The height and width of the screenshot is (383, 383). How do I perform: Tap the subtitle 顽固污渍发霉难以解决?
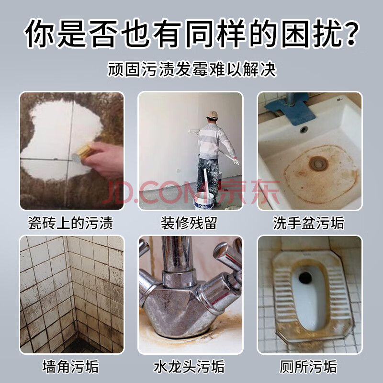(192, 69)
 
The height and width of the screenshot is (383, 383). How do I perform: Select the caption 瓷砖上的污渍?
(70, 223)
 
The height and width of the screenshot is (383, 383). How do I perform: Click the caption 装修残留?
(189, 223)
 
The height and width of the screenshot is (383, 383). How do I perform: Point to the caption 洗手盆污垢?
(308, 223)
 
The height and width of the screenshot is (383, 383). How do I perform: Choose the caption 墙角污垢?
(70, 366)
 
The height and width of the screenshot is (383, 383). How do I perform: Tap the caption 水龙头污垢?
(189, 366)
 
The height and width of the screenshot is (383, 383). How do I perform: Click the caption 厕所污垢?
(308, 366)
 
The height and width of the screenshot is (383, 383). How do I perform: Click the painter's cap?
(212, 115)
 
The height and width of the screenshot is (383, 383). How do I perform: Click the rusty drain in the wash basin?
(318, 163)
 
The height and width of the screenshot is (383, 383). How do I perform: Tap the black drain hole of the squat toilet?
(305, 277)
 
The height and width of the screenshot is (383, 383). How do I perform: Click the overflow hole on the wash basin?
(304, 129)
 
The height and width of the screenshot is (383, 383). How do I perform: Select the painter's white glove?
(236, 161)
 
